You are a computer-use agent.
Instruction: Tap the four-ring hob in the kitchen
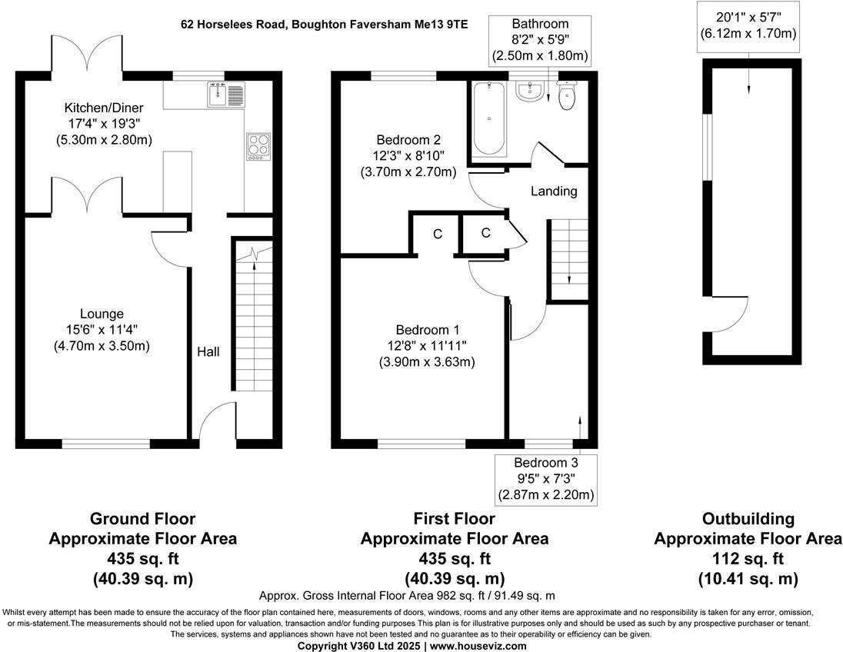coord(258,146)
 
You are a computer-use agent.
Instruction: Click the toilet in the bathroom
coord(568,95)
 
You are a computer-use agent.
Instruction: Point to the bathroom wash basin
coord(530,92)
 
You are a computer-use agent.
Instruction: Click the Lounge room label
coord(102,314)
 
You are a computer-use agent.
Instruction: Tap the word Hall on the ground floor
coord(208,351)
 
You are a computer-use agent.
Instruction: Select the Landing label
coord(554,191)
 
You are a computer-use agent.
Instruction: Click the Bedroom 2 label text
coord(408,140)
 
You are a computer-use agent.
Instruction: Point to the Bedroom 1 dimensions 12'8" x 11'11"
coord(426,346)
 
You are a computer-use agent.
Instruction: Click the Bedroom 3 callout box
coord(545,478)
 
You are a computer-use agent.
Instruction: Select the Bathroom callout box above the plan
coord(540,40)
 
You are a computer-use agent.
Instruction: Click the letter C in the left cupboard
coord(438,234)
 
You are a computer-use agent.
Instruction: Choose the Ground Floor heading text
coord(142,519)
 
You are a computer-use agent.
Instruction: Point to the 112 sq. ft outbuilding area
coord(748,558)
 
